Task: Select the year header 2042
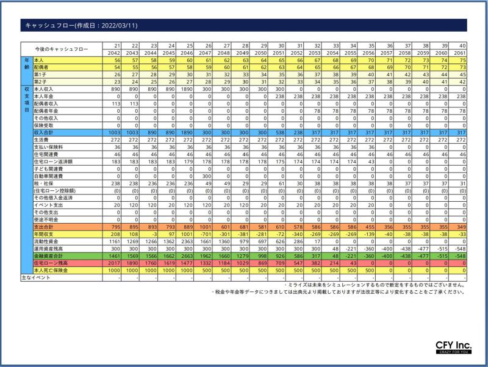point(114,53)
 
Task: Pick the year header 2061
point(459,53)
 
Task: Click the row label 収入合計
point(45,132)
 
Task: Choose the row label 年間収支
point(45,233)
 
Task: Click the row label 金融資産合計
point(49,255)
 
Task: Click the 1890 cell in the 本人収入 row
point(185,88)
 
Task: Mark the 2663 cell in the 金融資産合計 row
point(185,255)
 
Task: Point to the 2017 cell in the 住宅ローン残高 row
point(114,263)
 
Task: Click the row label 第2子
point(40,82)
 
